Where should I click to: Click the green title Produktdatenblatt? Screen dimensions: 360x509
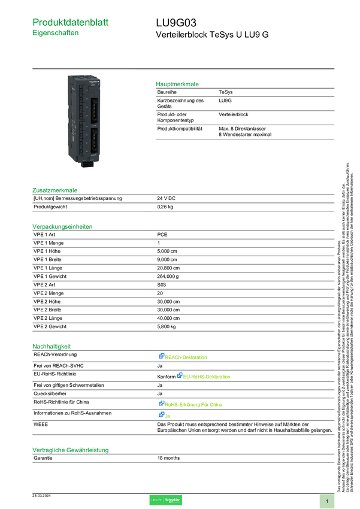click(71, 22)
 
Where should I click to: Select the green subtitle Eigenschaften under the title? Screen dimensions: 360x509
click(56, 34)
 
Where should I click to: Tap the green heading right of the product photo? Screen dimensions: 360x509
click(177, 84)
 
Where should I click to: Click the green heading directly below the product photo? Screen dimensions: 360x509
click(55, 190)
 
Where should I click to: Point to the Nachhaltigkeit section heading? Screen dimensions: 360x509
click(52, 346)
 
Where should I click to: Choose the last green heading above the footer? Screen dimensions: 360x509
click(70, 449)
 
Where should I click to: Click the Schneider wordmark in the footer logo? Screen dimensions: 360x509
click(173, 500)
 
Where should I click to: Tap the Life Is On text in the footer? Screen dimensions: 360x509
click(156, 500)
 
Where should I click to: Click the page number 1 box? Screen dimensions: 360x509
click(327, 501)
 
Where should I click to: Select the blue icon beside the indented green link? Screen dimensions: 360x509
click(179, 376)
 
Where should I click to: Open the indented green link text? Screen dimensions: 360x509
click(207, 377)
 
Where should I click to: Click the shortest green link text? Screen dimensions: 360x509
click(168, 416)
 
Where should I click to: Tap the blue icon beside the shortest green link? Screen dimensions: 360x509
click(161, 415)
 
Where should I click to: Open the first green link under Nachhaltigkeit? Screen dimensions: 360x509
click(187, 357)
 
